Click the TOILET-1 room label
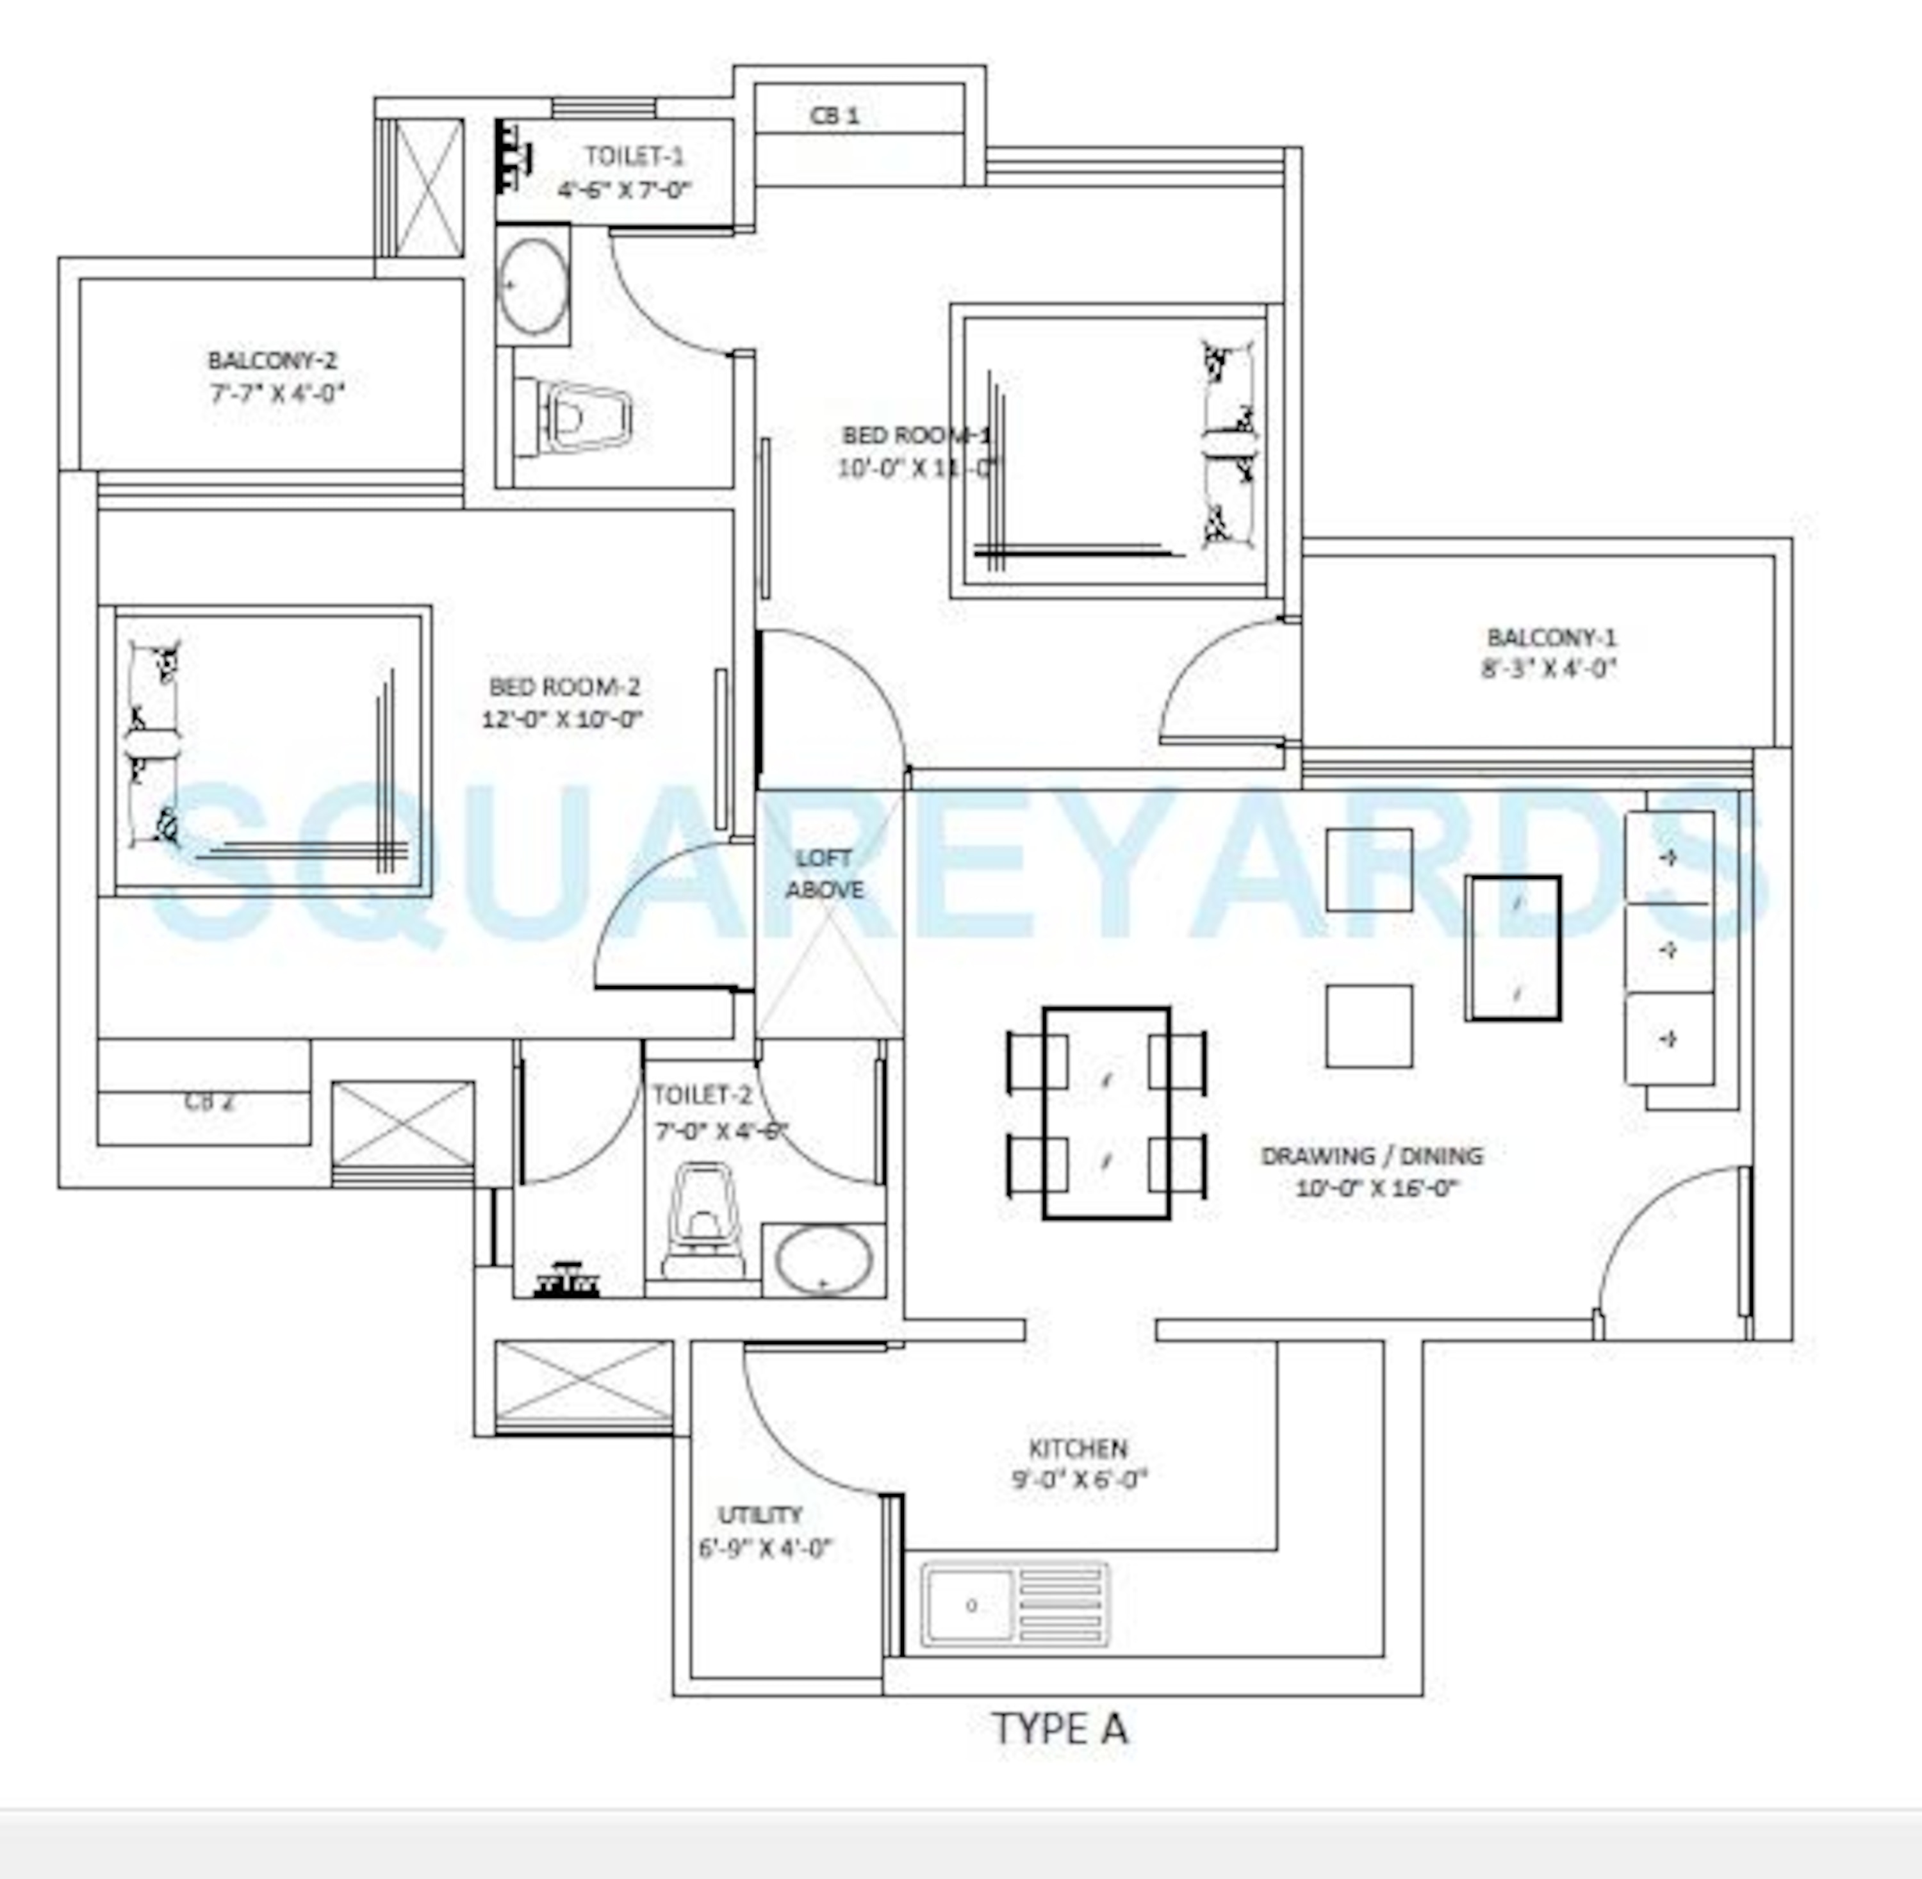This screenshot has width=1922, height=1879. point(634,156)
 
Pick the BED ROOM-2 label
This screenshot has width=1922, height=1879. point(564,686)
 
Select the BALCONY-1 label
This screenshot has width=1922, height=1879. point(1552,637)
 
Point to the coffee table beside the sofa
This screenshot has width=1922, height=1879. point(1513,948)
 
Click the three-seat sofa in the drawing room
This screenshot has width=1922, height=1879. point(1670,948)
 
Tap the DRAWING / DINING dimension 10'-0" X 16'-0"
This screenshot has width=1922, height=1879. point(1376,1187)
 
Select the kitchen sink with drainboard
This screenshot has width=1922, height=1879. point(1014,1605)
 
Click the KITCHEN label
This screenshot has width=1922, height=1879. point(1078,1448)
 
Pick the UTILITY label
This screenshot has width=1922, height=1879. point(760,1515)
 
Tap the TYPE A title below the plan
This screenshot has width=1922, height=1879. point(1058,1729)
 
